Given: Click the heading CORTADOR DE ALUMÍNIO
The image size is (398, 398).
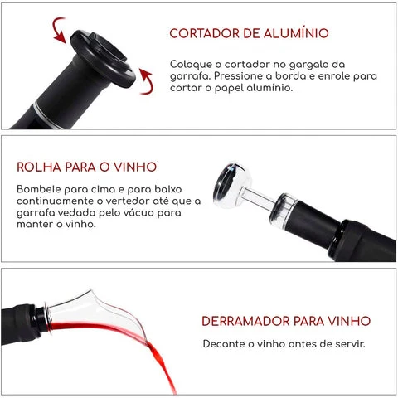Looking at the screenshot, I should [249, 34].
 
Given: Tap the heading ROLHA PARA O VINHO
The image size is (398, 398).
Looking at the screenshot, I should [86, 167].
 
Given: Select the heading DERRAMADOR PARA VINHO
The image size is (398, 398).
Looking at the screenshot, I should [286, 321].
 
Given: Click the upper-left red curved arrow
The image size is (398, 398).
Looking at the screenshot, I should [57, 32].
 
